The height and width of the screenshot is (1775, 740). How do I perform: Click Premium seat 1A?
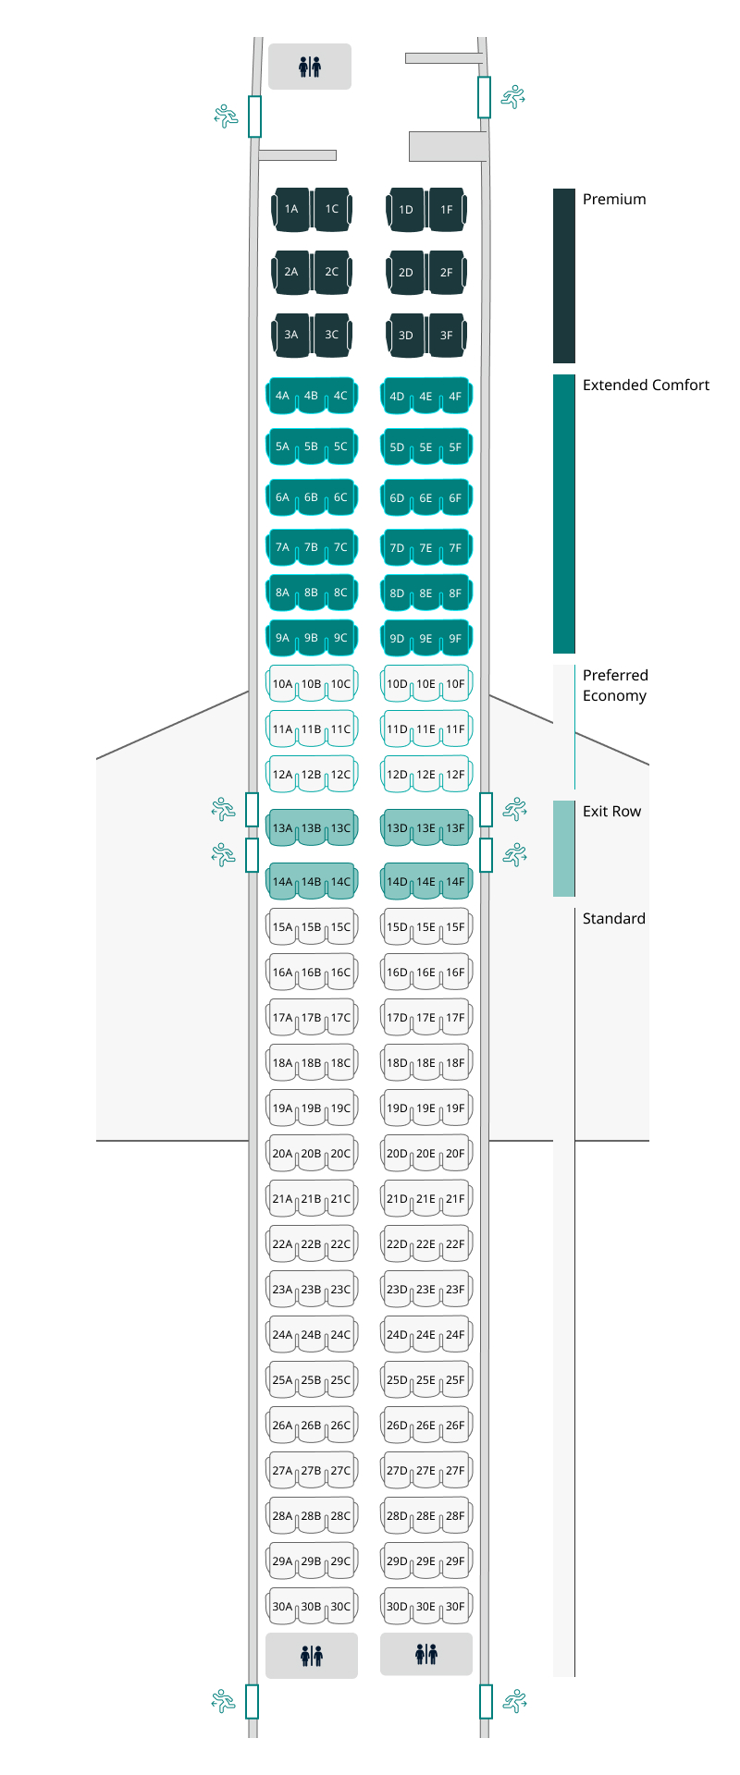click(291, 210)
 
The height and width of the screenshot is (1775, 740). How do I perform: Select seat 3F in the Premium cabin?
click(447, 336)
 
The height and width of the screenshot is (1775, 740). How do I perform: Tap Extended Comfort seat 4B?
click(311, 396)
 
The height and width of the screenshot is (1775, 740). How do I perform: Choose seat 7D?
click(396, 547)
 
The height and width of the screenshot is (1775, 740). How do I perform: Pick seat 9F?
click(456, 638)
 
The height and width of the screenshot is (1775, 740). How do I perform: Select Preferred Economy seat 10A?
click(281, 684)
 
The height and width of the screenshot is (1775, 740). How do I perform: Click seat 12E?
click(425, 775)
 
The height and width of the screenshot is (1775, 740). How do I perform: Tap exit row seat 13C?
click(341, 828)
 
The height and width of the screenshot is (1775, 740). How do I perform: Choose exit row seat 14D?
click(396, 882)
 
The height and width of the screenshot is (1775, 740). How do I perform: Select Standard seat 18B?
click(311, 1063)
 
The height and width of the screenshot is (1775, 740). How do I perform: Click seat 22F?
click(456, 1244)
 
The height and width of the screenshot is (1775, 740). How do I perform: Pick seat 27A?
click(281, 1471)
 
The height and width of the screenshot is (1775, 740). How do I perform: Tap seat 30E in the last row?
click(425, 1607)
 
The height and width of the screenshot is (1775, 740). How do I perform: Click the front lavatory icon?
click(310, 67)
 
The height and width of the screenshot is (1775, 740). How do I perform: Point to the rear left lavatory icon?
click(312, 1656)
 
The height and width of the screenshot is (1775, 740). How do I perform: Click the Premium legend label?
click(614, 199)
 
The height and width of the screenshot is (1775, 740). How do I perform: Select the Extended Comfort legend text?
click(646, 385)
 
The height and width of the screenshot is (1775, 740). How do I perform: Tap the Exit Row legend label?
click(611, 811)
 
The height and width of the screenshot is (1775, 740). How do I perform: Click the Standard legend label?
click(614, 918)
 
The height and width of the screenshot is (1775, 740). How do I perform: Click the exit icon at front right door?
click(513, 96)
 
